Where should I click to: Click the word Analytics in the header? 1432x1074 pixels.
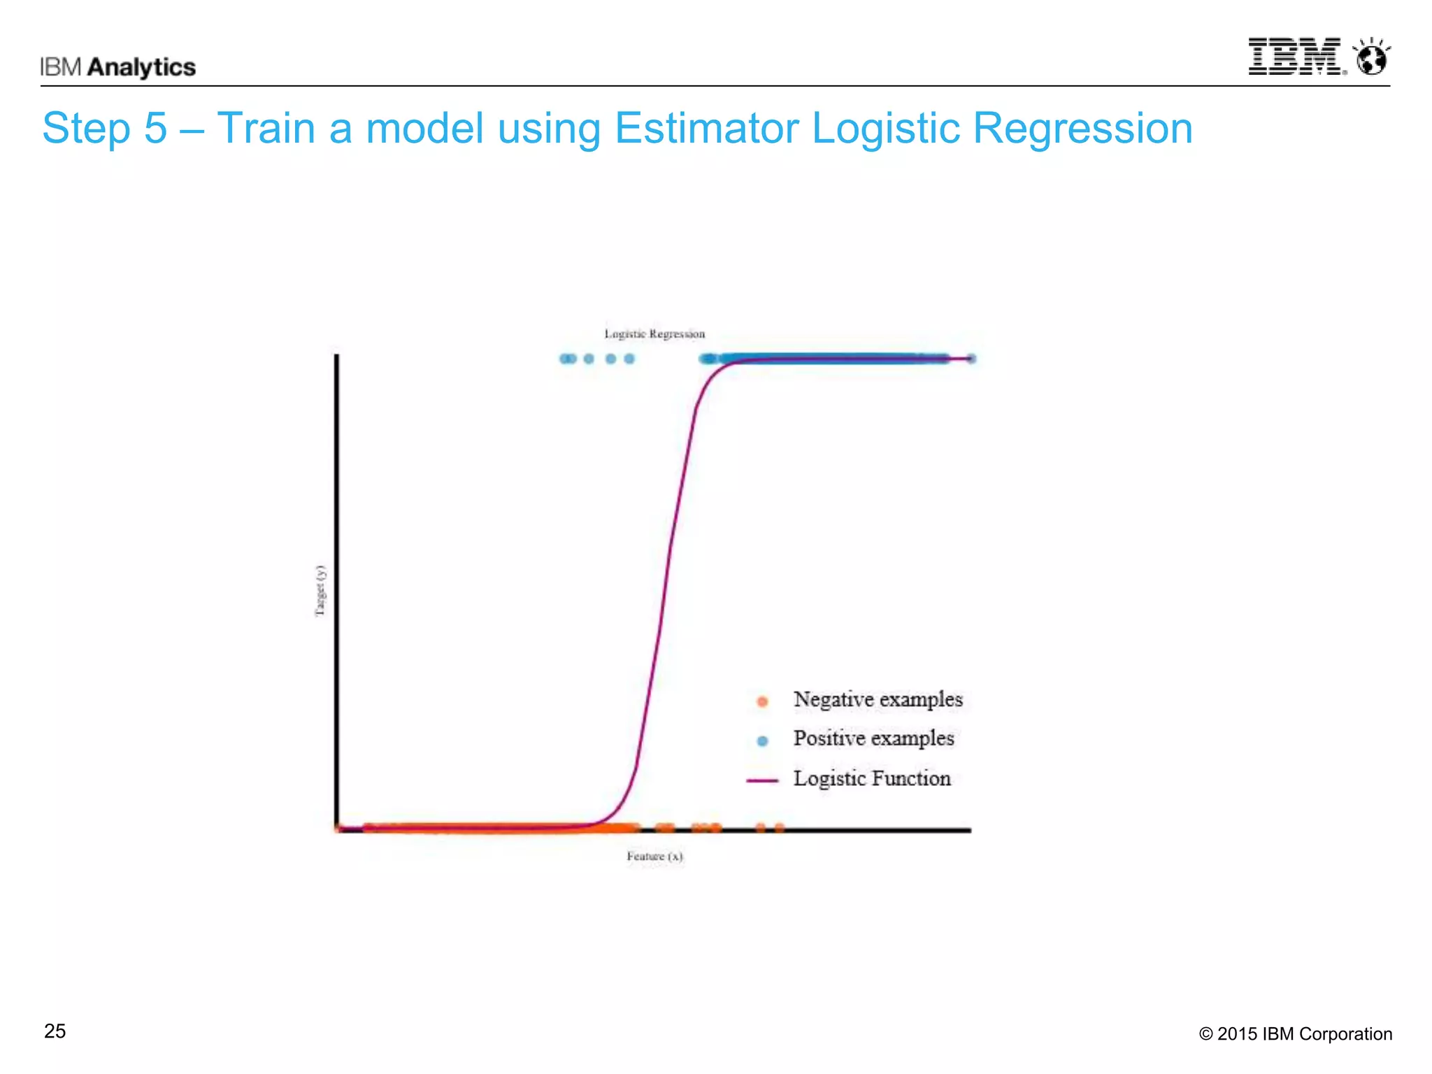(x=142, y=67)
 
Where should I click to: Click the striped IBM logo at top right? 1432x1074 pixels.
(x=1296, y=57)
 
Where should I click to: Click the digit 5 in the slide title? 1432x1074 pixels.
(x=156, y=129)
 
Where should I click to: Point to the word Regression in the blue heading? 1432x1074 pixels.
(x=1082, y=129)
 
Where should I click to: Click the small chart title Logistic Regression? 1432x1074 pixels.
(x=654, y=334)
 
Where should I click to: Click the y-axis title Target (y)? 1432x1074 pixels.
(x=320, y=591)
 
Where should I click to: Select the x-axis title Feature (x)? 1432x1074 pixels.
(x=654, y=856)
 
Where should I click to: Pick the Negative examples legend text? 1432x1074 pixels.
(x=878, y=699)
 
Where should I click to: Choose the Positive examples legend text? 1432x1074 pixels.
(x=873, y=738)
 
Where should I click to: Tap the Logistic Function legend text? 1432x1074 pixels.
(x=872, y=778)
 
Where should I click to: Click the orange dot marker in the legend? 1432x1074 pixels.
(x=762, y=701)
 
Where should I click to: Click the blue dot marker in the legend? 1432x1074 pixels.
(x=762, y=740)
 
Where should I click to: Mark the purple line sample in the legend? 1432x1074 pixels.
(x=762, y=780)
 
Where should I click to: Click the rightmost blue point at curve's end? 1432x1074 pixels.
(x=971, y=359)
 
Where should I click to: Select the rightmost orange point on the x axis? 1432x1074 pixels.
(x=780, y=828)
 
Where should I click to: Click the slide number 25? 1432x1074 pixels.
(x=55, y=1031)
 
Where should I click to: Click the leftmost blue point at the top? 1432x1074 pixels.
(x=565, y=359)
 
